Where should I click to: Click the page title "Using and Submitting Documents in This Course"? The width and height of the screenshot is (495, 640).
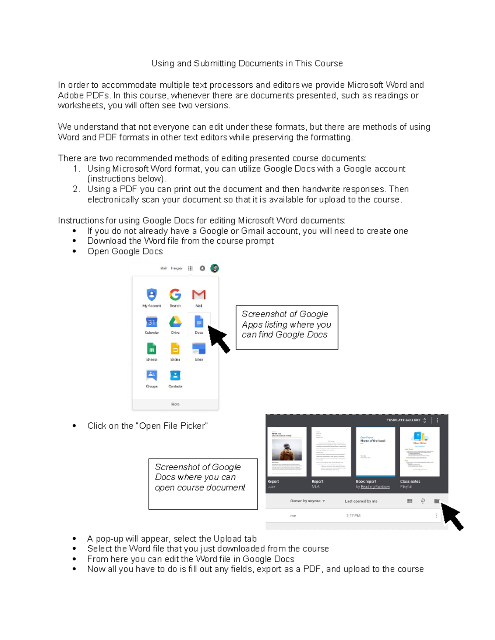(247, 63)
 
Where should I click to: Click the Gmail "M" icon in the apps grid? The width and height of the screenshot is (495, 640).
(199, 295)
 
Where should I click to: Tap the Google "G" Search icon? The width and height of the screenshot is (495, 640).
(175, 295)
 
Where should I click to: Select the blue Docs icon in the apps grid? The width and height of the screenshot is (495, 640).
(199, 321)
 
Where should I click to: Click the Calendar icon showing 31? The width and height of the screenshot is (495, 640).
(152, 322)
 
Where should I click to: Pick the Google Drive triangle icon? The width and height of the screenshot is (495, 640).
(175, 321)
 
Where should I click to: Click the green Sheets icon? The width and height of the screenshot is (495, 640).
(152, 349)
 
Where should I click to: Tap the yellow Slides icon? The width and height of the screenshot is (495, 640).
(175, 349)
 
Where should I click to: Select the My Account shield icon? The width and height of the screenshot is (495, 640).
(152, 295)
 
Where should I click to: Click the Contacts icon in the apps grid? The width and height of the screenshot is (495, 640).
(175, 375)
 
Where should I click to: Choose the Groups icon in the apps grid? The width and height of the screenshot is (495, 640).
(152, 375)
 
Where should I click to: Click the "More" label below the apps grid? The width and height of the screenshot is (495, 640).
(175, 404)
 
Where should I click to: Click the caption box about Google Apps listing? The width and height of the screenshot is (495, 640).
(287, 327)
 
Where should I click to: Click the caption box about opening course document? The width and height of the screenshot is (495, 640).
(203, 484)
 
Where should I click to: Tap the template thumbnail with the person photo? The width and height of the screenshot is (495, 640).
(287, 451)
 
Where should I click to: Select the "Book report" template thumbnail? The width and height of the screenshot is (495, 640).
(375, 451)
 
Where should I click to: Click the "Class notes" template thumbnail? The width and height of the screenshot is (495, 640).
(420, 451)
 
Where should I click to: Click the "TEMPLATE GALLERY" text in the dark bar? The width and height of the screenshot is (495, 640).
(403, 420)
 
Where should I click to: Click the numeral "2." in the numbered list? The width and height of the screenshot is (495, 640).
(76, 189)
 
